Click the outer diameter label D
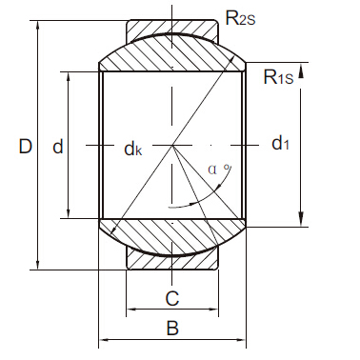point(26,146)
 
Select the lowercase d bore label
point(57,146)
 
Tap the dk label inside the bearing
point(133,148)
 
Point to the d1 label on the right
point(280,144)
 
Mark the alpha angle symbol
point(214,170)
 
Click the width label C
point(172,298)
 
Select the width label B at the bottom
point(172,329)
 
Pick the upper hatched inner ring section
point(172,57)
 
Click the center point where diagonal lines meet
point(172,145)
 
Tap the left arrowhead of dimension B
point(104,339)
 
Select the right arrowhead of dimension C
point(215,310)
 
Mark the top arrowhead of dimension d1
point(301,68)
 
